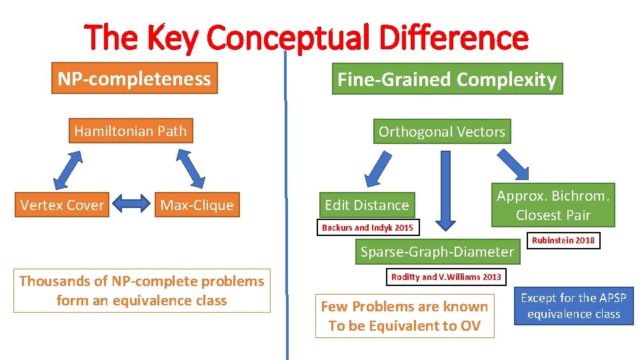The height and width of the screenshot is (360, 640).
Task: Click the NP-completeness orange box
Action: coord(134,79)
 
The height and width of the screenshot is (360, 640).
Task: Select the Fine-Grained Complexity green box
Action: coord(447,79)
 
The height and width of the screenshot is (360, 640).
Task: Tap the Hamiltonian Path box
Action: coord(130,131)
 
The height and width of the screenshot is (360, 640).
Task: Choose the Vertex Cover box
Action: coord(62,205)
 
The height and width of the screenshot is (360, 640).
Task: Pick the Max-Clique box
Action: coord(197,205)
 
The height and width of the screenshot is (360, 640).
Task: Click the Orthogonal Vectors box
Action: coord(441,131)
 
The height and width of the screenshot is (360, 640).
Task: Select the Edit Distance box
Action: coord(366,205)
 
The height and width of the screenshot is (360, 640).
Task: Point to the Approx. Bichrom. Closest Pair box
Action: coord(553,205)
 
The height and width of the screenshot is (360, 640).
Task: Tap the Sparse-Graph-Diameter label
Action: coord(437,251)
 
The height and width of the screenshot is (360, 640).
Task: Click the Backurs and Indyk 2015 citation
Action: coord(367,228)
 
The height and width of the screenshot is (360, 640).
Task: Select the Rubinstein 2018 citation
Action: coord(563,240)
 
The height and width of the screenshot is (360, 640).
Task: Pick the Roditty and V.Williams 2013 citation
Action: coord(446,276)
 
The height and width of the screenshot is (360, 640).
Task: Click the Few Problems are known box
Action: coord(405,316)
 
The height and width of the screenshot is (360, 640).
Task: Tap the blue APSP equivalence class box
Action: coord(573,306)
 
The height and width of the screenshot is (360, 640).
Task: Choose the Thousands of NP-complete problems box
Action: coord(141,291)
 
